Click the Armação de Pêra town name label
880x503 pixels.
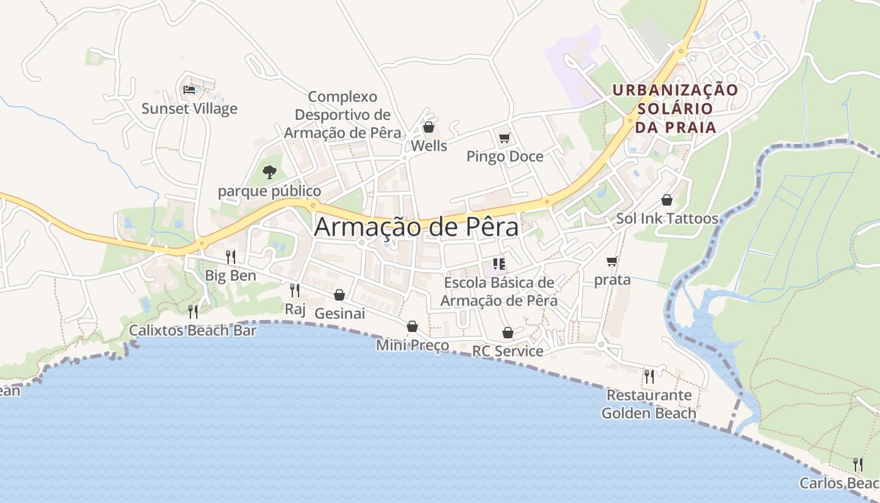[x=416, y=227]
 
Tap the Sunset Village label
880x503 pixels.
[x=189, y=109]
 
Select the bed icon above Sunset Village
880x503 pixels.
[x=189, y=90]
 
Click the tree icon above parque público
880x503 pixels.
[x=270, y=172]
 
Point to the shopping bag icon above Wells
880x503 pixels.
[x=429, y=128]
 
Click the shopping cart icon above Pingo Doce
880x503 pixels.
[x=504, y=138]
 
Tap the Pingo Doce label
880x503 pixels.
[x=505, y=157]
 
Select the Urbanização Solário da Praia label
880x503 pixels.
[x=675, y=109]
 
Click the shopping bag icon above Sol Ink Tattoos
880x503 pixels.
[x=667, y=200]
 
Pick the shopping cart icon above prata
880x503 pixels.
[x=612, y=261]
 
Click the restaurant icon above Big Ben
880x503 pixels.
[x=231, y=257]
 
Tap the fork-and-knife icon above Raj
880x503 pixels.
[x=294, y=290]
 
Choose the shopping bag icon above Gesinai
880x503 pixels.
[x=339, y=295]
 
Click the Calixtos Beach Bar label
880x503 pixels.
[x=193, y=330]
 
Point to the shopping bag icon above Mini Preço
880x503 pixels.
[x=412, y=326]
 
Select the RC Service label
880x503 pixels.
[x=508, y=351]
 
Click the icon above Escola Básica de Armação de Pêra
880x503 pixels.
[x=499, y=264]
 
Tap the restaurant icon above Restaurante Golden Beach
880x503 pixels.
[x=649, y=376]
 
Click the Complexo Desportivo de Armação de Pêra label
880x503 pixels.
[x=343, y=115]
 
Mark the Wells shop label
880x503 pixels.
[x=429, y=146]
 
